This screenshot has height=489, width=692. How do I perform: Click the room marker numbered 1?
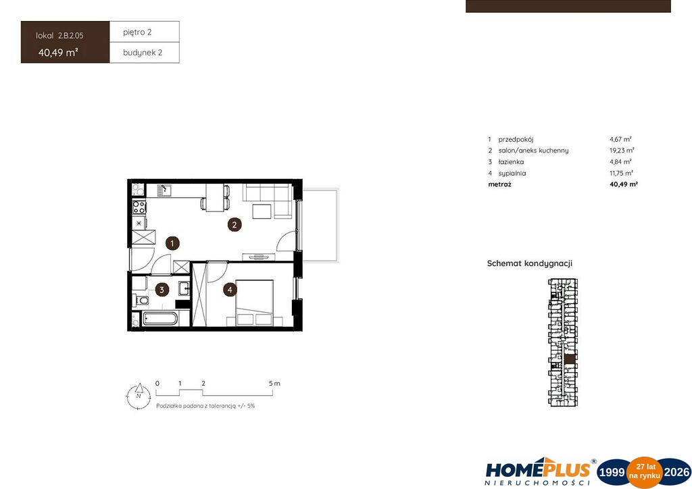172,243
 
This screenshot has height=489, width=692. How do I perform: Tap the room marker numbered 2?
234,224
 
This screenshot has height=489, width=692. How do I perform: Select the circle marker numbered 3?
162,290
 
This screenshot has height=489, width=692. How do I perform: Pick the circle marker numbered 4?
230,290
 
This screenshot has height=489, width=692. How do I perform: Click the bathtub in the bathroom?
160,318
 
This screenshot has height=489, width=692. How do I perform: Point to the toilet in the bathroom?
141,301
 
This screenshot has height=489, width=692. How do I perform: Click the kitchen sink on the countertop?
165,190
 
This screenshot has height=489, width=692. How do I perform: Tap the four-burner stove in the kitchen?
139,207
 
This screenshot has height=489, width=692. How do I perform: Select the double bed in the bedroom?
254,303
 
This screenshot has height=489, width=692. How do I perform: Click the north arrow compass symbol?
139,395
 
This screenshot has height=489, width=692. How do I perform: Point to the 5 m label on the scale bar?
274,383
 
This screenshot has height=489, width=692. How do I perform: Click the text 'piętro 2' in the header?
137,32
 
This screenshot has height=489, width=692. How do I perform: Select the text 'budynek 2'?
143,53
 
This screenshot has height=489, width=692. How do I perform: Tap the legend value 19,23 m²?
622,151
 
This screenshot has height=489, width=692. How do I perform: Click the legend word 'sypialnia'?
512,174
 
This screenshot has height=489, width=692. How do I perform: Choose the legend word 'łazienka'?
511,162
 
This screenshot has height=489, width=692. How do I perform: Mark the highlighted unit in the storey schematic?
570,359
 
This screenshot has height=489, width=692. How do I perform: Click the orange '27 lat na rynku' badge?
645,472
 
